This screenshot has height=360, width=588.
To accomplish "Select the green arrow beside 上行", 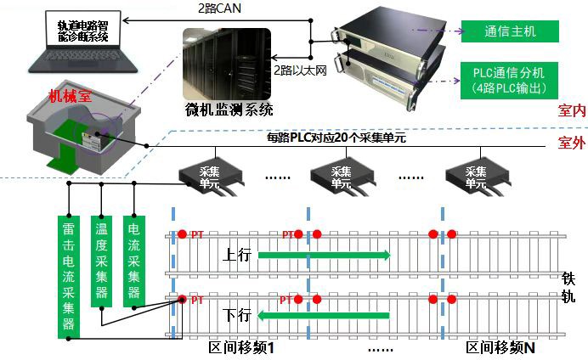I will click(x=324, y=254).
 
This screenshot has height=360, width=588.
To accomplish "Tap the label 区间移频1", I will click(x=247, y=349).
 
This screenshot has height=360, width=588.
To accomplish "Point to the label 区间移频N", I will click(x=501, y=349).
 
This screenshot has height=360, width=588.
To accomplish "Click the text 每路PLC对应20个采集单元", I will click(x=338, y=138).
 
